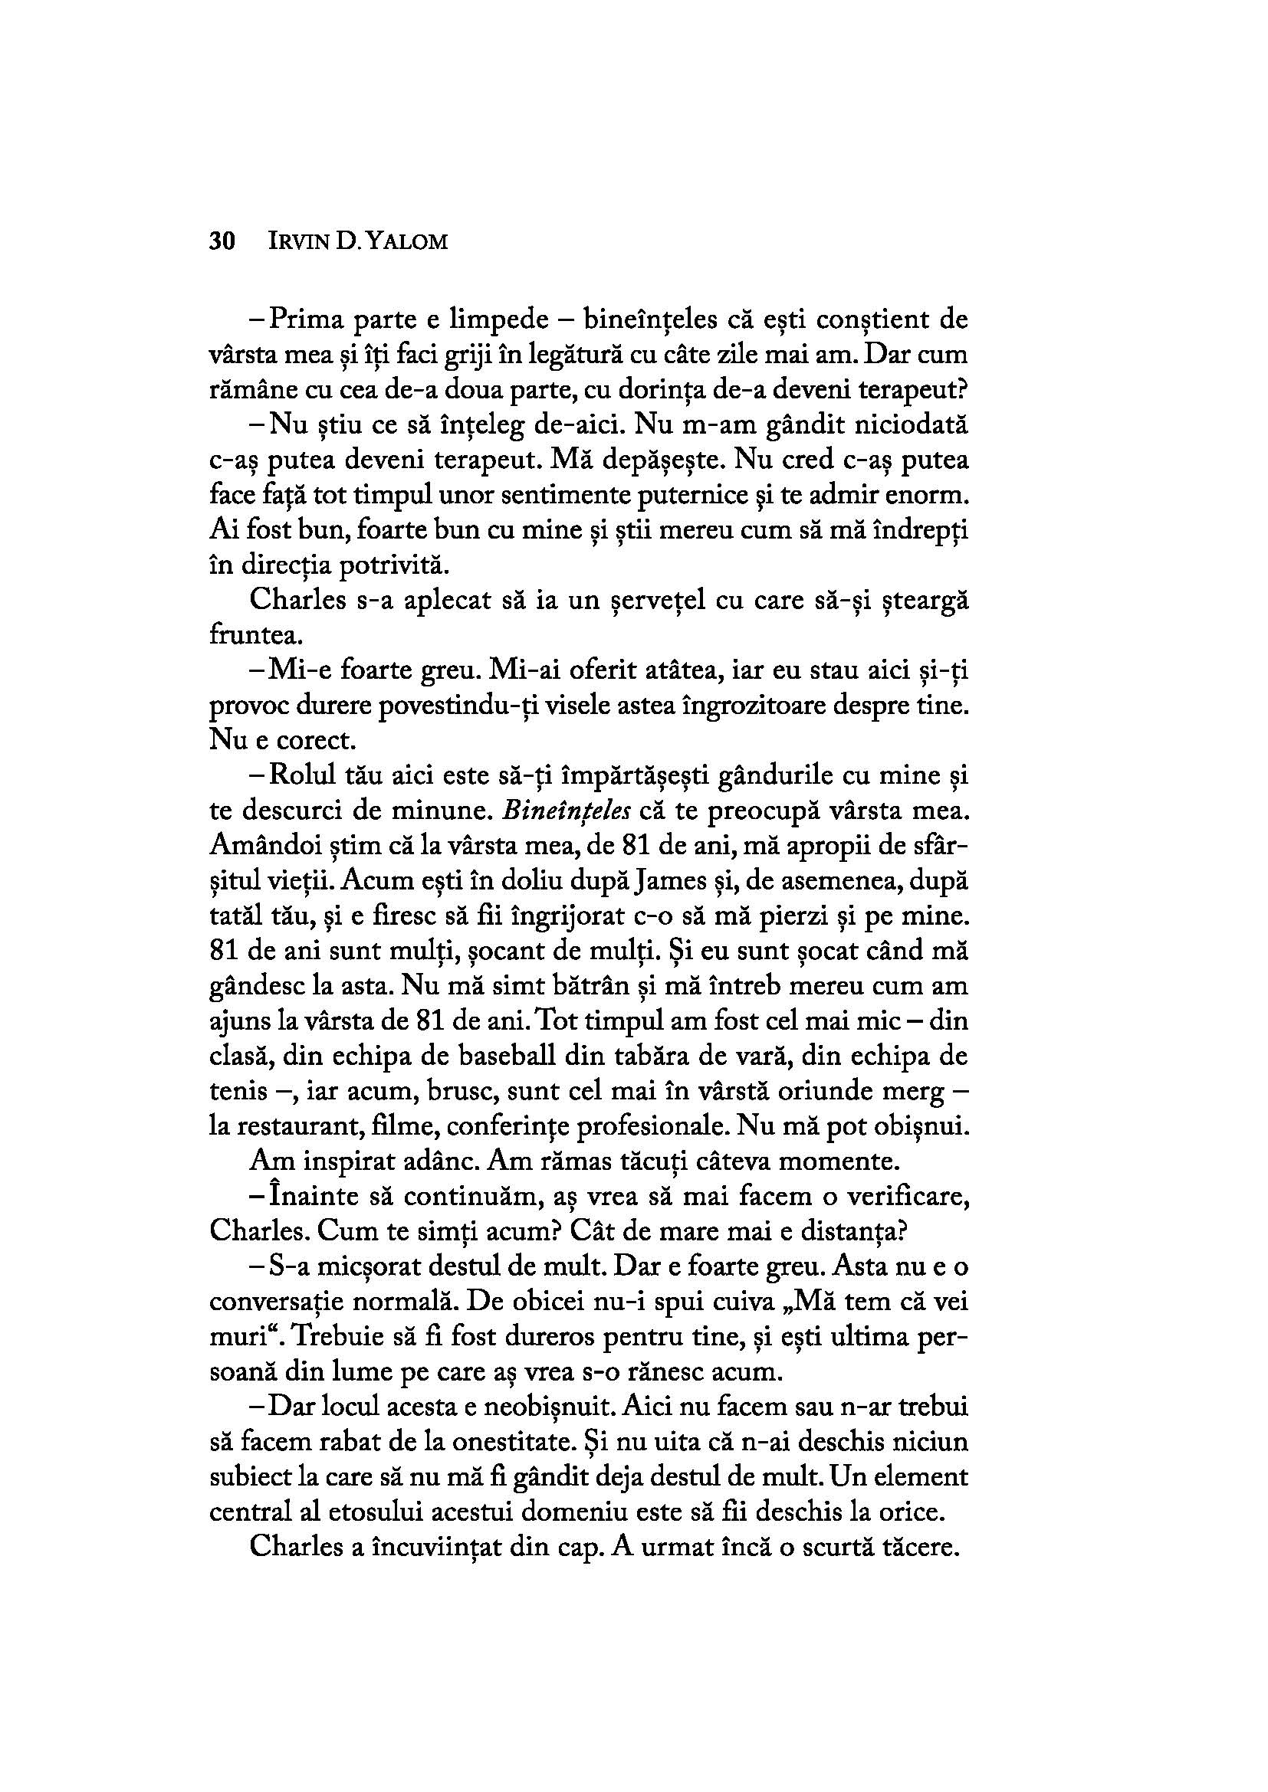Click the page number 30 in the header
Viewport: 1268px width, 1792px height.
tap(222, 241)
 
